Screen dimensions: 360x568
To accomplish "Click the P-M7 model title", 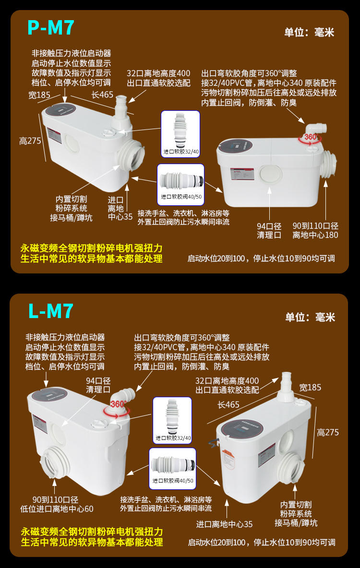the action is [x=51, y=28].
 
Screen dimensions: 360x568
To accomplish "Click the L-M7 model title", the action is [x=51, y=311].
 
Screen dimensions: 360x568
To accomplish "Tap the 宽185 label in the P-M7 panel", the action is [x=39, y=95].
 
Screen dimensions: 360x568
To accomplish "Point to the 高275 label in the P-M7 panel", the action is [x=30, y=141].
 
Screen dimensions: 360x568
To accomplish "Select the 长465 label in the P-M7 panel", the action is [x=102, y=95].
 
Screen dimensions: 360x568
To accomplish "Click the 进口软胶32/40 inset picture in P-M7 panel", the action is [x=180, y=133].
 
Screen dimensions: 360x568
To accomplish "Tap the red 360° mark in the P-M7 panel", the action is [x=312, y=138].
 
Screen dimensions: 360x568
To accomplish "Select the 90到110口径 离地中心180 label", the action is [x=315, y=231].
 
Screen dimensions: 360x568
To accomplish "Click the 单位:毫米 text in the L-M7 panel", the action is [x=310, y=317].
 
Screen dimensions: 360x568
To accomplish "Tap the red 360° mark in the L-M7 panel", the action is [x=119, y=404].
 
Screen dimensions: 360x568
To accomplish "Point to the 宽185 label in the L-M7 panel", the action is [x=310, y=387].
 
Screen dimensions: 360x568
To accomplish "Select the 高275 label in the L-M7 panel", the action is [x=327, y=432].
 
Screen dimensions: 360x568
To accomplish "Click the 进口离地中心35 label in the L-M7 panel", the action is [x=225, y=524].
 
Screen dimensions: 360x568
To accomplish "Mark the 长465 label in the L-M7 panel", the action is [x=228, y=404].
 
